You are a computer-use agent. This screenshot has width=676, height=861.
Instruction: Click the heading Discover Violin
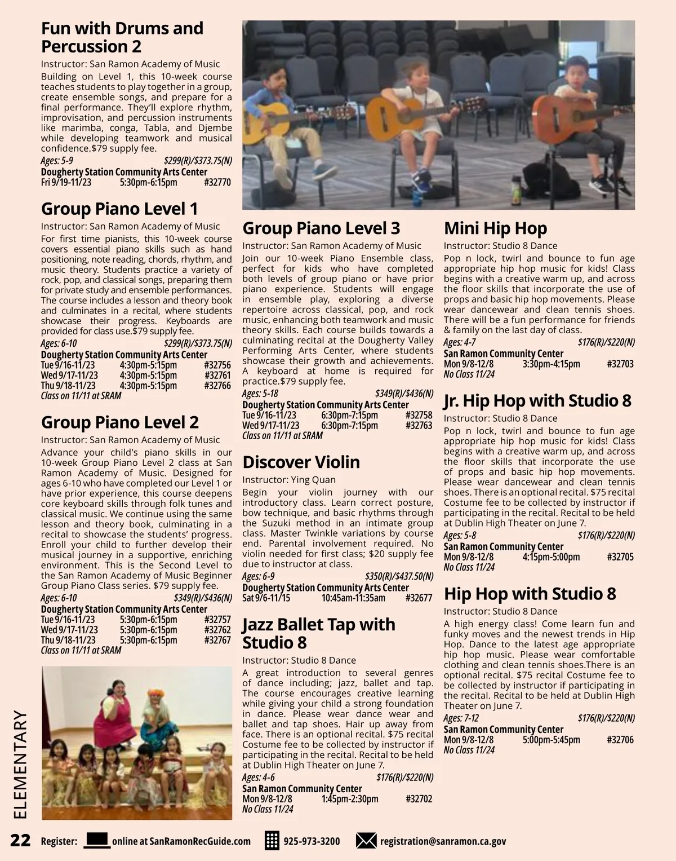pyautogui.click(x=301, y=462)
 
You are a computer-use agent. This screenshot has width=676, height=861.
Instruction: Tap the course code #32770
pyautogui.click(x=217, y=183)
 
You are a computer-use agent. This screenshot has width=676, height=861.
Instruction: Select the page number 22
pyautogui.click(x=20, y=841)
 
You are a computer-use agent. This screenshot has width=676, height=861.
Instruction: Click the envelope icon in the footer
pyautogui.click(x=366, y=841)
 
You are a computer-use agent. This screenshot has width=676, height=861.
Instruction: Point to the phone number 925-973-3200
pyautogui.click(x=312, y=841)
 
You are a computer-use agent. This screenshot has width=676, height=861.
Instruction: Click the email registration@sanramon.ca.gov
pyautogui.click(x=443, y=841)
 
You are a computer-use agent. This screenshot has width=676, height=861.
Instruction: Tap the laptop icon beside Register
pyautogui.click(x=96, y=840)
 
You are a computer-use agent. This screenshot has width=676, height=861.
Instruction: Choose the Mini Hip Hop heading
pyautogui.click(x=495, y=228)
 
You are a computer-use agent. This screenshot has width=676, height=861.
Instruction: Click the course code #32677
pyautogui.click(x=419, y=598)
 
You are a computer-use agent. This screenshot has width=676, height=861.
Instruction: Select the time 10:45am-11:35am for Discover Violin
pyautogui.click(x=353, y=598)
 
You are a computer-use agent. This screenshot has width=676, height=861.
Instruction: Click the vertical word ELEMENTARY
pyautogui.click(x=20, y=764)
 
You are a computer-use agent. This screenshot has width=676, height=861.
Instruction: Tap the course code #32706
pyautogui.click(x=620, y=740)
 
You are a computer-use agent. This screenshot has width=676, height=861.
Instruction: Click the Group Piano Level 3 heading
pyautogui.click(x=321, y=228)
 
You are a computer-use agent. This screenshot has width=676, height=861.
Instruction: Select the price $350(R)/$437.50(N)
pyautogui.click(x=399, y=576)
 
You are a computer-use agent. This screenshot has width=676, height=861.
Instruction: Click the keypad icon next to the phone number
pyautogui.click(x=272, y=841)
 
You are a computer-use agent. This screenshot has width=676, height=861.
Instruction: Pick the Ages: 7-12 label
pyautogui.click(x=461, y=718)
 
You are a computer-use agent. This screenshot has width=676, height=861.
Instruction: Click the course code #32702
pyautogui.click(x=419, y=799)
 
